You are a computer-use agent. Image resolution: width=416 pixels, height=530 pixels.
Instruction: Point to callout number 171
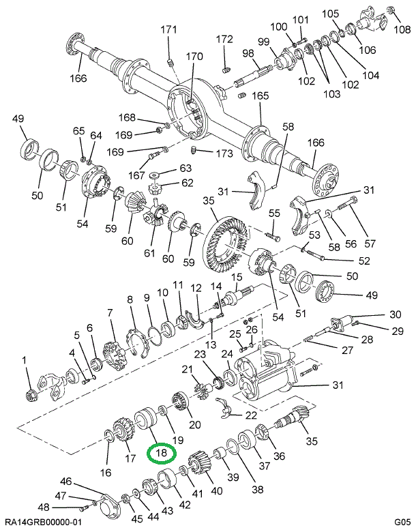(168, 29)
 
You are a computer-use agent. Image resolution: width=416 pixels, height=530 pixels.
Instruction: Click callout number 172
(224, 39)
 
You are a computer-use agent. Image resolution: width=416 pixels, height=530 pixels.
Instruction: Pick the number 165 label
(261, 95)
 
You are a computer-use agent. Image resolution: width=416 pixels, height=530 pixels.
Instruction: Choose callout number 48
(44, 507)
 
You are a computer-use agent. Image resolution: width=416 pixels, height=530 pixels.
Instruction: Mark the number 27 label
(348, 351)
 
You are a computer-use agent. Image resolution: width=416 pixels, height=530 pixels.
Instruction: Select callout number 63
(168, 168)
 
